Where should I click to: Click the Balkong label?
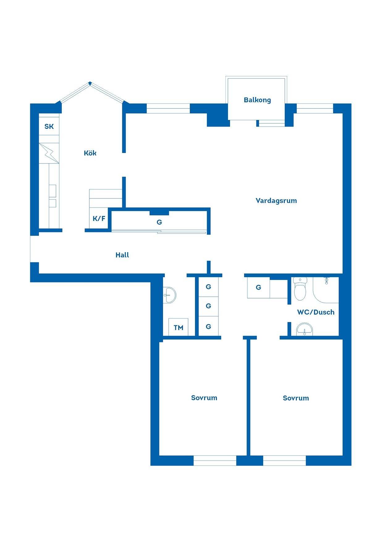257,100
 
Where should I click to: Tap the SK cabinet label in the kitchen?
49,126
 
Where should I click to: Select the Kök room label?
90,153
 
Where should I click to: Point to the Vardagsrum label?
276,201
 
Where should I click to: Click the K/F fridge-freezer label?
99,219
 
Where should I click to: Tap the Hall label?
122,255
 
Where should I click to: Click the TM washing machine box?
178,327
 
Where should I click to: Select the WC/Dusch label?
316,312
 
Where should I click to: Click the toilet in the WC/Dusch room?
300,289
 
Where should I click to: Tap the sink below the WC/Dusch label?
305,330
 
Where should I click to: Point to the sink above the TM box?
169,295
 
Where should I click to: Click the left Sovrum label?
204,398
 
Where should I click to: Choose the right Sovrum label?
296,398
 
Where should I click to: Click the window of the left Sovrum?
215,460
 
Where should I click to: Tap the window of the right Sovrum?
284,460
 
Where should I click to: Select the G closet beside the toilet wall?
259,288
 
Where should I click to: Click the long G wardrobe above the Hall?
159,222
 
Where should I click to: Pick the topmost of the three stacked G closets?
208,287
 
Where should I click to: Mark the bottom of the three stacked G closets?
208,326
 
